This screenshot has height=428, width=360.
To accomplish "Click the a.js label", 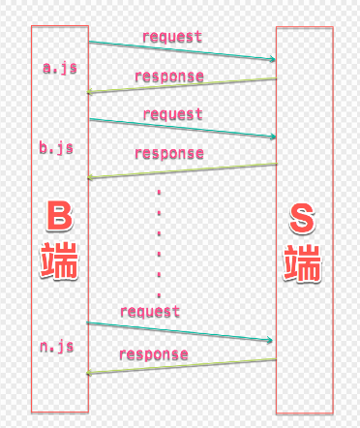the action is pyautogui.click(x=60, y=68).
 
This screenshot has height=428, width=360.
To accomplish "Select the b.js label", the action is pyautogui.click(x=56, y=148).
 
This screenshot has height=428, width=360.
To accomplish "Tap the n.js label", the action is pyautogui.click(x=57, y=347).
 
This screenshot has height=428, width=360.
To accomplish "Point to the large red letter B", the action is pyautogui.click(x=59, y=216).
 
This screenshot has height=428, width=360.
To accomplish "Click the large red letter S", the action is pyautogui.click(x=302, y=218).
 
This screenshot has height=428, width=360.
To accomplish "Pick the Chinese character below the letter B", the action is pyautogui.click(x=59, y=260).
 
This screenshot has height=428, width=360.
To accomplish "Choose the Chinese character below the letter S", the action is pyautogui.click(x=302, y=263).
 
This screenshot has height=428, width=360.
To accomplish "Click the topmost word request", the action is pyautogui.click(x=172, y=37).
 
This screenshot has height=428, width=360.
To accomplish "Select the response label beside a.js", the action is pyautogui.click(x=169, y=76).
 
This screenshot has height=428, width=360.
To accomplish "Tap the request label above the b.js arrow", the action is pyautogui.click(x=173, y=114).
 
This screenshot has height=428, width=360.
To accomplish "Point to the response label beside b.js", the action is pyautogui.click(x=169, y=153).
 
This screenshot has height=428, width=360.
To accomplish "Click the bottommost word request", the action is pyautogui.click(x=150, y=312).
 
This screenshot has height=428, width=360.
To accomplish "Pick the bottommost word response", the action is pyautogui.click(x=154, y=354).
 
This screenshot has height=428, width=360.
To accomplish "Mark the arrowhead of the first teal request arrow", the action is pyautogui.click(x=273, y=59).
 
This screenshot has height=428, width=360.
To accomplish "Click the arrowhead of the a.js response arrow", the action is pyautogui.click(x=89, y=92).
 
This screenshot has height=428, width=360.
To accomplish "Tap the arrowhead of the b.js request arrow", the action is pyautogui.click(x=273, y=137).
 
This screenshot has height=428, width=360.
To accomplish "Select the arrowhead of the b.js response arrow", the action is pyautogui.click(x=89, y=177).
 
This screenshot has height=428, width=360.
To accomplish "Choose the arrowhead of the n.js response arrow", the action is pyautogui.click(x=88, y=373).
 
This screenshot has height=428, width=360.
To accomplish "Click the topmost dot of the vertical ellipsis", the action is pyautogui.click(x=159, y=193).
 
